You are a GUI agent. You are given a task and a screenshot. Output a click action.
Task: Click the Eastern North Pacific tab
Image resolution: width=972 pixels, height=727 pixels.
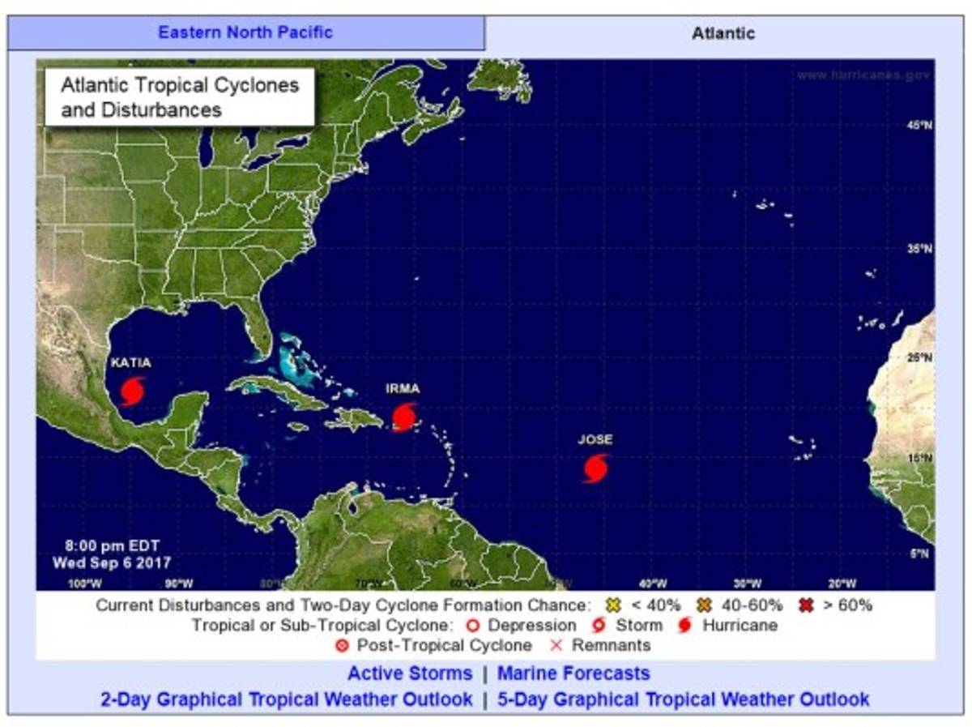click(x=245, y=33)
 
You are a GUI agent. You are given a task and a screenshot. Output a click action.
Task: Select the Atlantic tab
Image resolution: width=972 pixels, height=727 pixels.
click(x=723, y=33)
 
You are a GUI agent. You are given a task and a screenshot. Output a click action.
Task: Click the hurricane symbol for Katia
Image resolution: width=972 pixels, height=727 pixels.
click(x=133, y=391)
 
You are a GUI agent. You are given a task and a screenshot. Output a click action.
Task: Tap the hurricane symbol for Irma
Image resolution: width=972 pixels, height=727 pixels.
click(x=404, y=417)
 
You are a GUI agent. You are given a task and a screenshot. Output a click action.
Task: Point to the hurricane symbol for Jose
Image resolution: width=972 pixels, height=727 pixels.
click(x=595, y=468)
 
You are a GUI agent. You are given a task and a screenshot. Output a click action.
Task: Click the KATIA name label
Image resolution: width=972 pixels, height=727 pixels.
click(x=130, y=362)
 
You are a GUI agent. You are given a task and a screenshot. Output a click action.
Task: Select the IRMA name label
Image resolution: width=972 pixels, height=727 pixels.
click(x=403, y=389)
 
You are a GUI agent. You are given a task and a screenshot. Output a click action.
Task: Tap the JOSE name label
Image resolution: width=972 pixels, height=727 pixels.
click(x=595, y=439)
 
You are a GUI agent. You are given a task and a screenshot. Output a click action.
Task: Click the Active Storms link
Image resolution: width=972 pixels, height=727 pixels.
click(x=410, y=674)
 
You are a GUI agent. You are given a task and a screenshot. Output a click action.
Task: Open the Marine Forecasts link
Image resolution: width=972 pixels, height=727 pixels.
click(x=573, y=674)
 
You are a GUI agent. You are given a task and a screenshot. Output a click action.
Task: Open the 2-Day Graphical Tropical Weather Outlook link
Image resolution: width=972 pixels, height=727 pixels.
click(x=287, y=699)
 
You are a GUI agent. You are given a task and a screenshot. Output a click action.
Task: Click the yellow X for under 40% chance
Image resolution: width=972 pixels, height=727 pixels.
click(x=612, y=605)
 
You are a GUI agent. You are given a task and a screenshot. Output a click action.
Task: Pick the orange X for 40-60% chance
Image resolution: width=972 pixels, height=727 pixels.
click(x=703, y=605)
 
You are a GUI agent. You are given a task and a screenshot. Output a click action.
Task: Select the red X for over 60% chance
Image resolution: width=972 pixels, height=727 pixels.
click(x=805, y=605)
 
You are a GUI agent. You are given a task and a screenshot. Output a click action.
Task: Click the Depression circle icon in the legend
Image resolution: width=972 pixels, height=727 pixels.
click(x=473, y=626)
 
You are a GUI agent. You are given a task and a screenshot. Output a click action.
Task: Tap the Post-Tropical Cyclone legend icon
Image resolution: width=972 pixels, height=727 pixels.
click(x=341, y=646)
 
